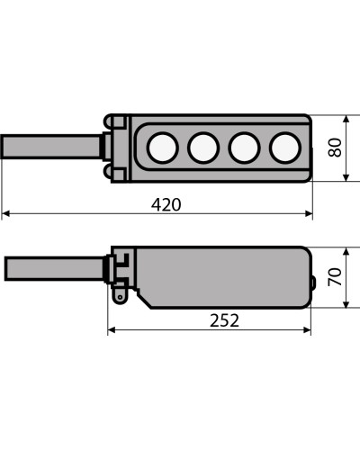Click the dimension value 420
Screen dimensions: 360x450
coord(166,204)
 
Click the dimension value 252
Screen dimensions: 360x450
coord(224,320)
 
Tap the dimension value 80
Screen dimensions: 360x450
coord(335,148)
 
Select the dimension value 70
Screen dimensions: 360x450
coord(335,276)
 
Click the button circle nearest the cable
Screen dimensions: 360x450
coord(163,148)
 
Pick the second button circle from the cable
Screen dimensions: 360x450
coord(203,148)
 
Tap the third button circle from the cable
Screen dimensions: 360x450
coord(244,148)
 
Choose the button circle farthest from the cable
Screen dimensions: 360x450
coord(285,148)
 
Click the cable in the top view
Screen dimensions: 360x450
coord(51,147)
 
